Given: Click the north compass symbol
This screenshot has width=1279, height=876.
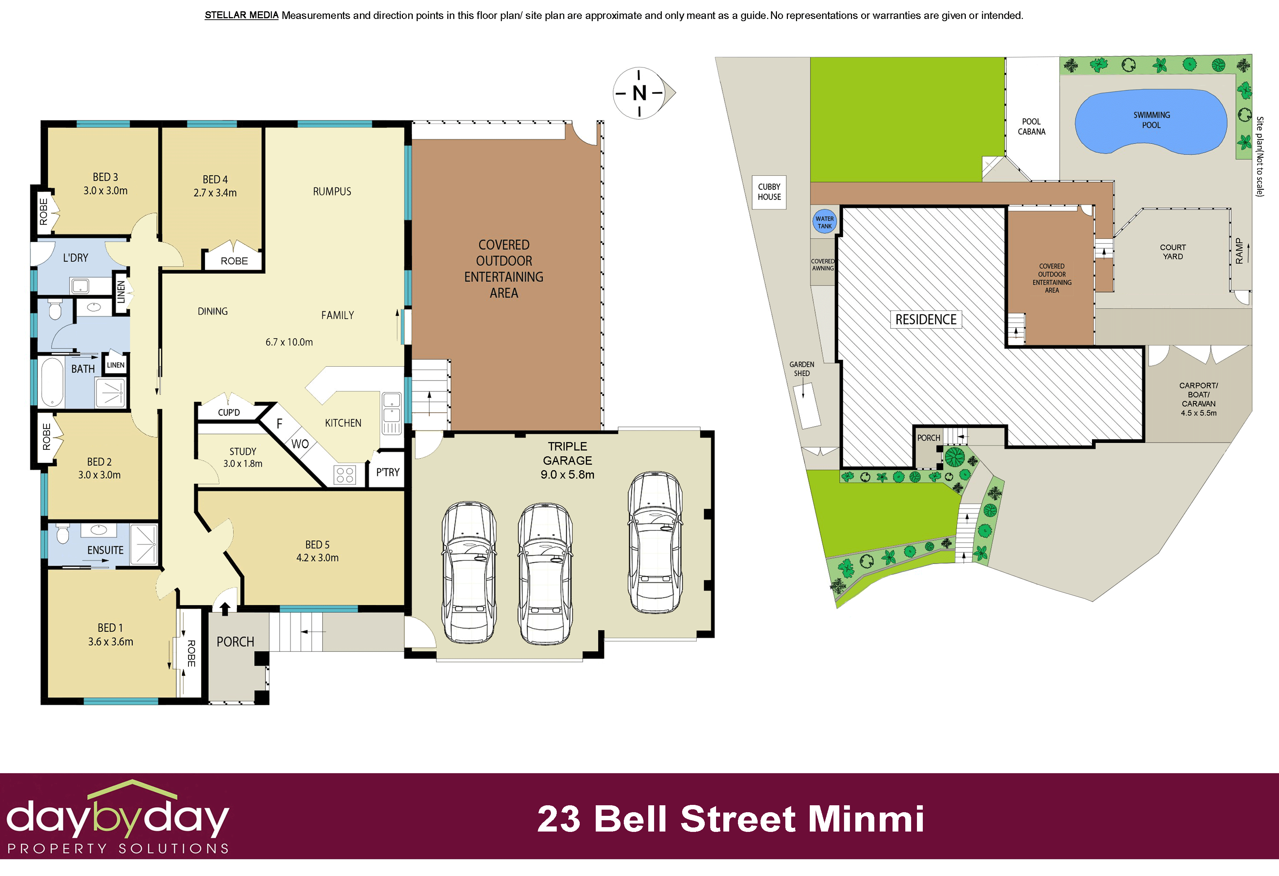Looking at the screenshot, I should (x=640, y=93).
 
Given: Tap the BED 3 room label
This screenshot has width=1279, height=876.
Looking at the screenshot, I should (x=105, y=177).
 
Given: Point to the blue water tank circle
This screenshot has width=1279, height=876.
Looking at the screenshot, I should (x=824, y=222).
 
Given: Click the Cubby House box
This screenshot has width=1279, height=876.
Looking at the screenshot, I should (x=769, y=192).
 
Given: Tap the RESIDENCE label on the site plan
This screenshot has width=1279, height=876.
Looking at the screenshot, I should (x=926, y=320).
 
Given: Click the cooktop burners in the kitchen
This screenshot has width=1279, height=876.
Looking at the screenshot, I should (x=345, y=475).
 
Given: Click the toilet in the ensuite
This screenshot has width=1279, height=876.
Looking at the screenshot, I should (x=62, y=533).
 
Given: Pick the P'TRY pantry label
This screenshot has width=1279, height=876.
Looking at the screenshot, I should (x=388, y=472).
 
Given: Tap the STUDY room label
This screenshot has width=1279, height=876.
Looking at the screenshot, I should (x=243, y=451).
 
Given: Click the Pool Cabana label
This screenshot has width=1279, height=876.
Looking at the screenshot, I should (x=1031, y=126).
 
